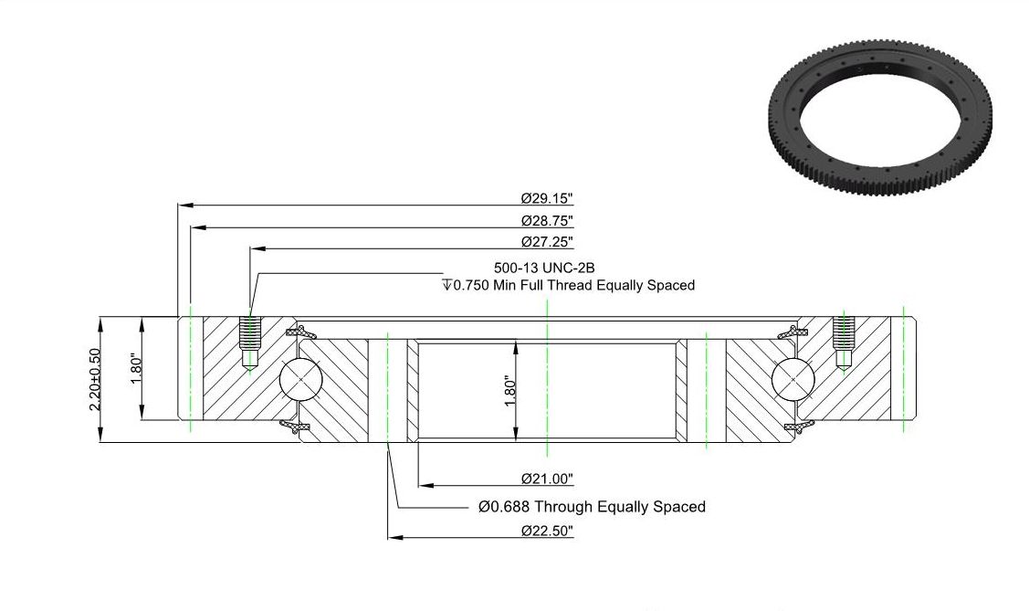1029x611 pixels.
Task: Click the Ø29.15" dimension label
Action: click(x=547, y=197)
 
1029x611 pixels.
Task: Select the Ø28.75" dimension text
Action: click(x=547, y=220)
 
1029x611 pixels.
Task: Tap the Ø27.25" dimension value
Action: click(x=547, y=241)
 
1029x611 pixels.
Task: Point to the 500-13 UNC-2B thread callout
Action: click(x=544, y=268)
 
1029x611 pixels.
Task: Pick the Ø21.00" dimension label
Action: click(x=547, y=479)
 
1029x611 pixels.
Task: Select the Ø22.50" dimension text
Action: click(x=547, y=531)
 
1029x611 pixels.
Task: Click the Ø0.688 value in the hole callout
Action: click(x=504, y=507)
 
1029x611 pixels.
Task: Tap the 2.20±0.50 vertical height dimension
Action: click(x=95, y=380)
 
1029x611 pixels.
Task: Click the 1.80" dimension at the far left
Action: click(x=137, y=370)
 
